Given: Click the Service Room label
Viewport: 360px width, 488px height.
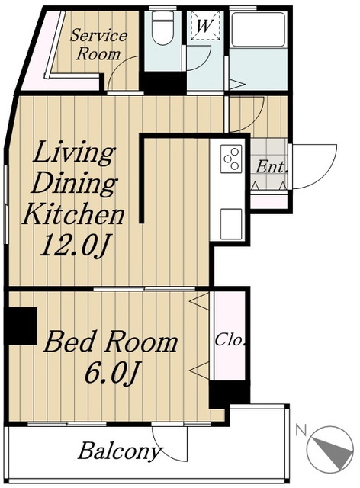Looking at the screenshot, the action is tap(98, 45).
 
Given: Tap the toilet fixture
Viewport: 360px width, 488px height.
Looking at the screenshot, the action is tap(162, 28).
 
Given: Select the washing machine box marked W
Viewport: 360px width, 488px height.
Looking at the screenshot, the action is tap(205, 25).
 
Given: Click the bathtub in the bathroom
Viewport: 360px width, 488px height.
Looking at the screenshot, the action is tap(258, 29).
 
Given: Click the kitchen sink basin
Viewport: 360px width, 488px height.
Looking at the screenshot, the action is tap(231, 224).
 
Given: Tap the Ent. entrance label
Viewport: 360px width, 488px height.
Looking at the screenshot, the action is tap(271, 168).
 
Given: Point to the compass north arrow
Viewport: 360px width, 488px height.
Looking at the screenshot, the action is tap(333, 451).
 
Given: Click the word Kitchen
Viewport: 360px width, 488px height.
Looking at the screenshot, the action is tap(73, 213).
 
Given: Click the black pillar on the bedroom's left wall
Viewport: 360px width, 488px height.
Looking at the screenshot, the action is tap(21, 326).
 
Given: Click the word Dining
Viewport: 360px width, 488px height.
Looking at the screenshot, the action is tap(74, 183).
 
